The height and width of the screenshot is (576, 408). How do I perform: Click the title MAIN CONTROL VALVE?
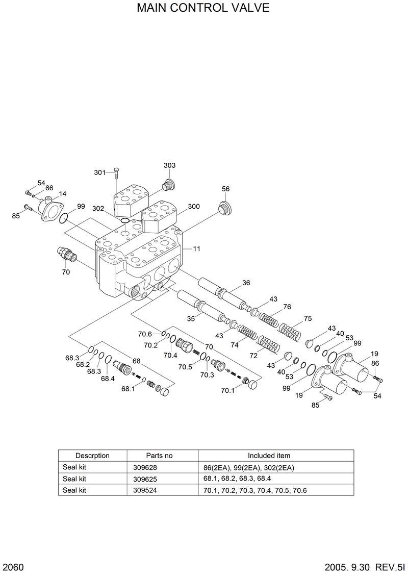point(203,9)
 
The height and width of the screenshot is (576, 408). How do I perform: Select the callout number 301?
point(99,172)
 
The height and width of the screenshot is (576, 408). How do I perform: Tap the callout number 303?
point(170,165)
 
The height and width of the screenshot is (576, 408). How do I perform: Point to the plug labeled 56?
point(223,209)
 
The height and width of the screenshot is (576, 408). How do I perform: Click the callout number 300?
point(193,207)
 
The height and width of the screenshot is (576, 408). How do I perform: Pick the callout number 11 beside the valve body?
point(196,249)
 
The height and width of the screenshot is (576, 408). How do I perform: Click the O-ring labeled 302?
point(124,220)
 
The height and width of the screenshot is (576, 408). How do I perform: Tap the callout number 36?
point(246,283)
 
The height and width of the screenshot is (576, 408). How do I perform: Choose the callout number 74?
point(235,345)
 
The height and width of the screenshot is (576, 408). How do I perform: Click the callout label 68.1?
point(128,389)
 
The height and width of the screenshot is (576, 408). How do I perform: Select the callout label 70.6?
point(145,334)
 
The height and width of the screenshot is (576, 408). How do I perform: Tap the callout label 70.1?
point(228,391)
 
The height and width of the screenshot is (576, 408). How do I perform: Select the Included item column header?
point(269,456)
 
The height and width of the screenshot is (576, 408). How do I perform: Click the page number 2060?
point(15,567)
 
